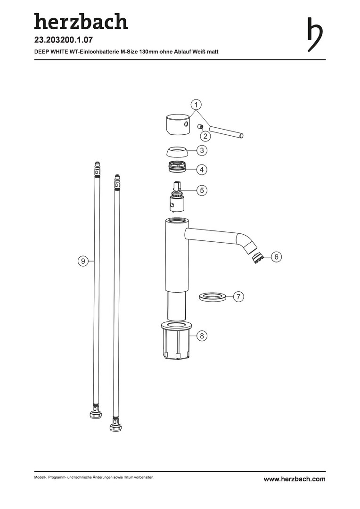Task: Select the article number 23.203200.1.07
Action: (x=64, y=40)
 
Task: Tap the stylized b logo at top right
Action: (x=315, y=34)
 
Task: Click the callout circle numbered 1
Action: (x=196, y=105)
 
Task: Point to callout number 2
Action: (x=205, y=136)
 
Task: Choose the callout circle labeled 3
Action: (x=202, y=150)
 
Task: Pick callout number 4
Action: (x=202, y=170)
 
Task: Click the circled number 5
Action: (x=202, y=190)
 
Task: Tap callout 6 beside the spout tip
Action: (x=276, y=257)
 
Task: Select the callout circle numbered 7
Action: (x=238, y=297)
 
